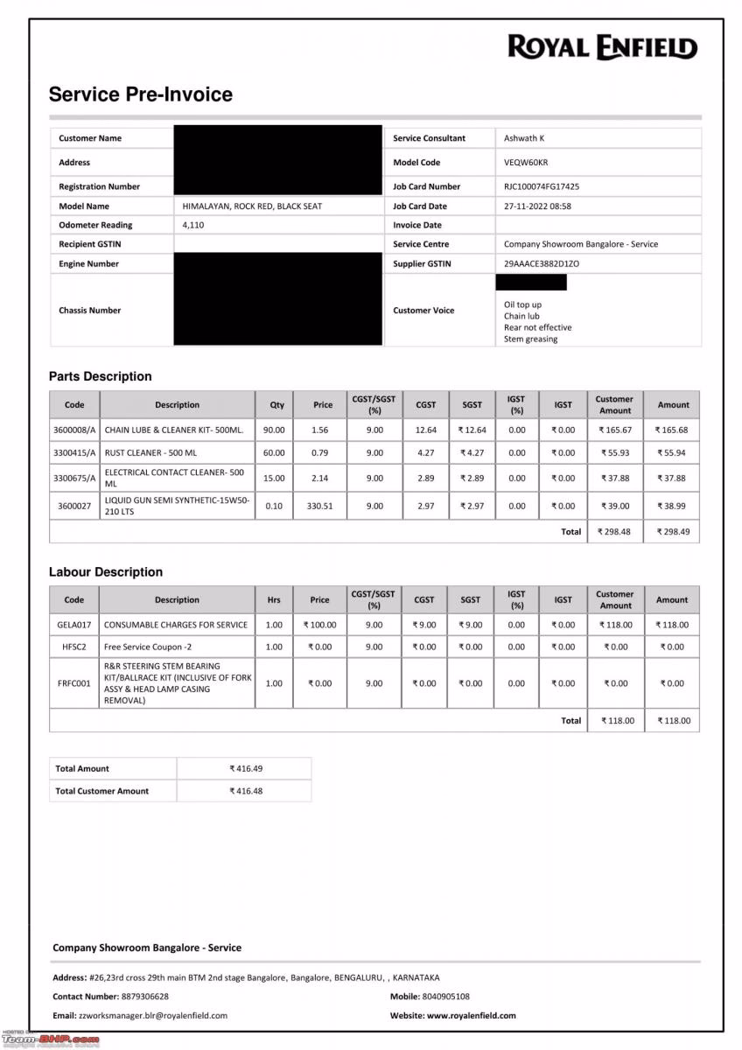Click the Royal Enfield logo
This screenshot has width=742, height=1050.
point(602,47)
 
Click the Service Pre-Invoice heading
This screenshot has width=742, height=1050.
point(141,94)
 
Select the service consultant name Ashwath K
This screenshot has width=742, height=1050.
point(524,138)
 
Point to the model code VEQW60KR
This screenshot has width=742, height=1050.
point(526,163)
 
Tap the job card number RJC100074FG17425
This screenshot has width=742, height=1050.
point(542,186)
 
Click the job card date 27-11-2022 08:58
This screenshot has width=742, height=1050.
point(537,206)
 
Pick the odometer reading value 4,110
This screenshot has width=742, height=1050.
point(193,225)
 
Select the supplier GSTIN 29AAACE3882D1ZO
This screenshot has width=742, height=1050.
point(542,263)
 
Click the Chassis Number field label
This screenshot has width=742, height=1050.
point(90,311)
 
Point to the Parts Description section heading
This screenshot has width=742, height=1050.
point(101,376)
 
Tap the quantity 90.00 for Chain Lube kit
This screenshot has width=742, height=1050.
point(274,430)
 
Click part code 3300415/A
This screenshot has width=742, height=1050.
point(74,452)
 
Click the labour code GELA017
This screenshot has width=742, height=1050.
point(74,625)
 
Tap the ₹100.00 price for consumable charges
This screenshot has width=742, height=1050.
point(319,625)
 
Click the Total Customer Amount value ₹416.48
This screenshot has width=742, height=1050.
point(245,791)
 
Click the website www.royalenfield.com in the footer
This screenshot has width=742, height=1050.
point(471,1016)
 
